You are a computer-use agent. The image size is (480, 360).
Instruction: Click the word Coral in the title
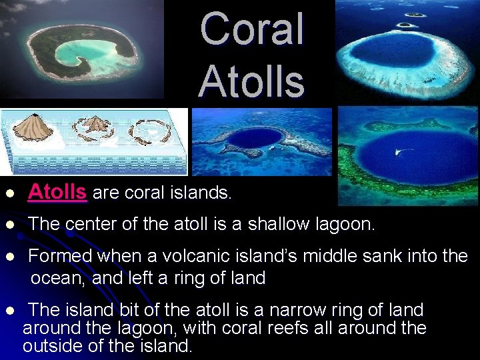(x=251, y=29)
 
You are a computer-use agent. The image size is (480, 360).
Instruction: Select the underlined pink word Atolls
(x=57, y=193)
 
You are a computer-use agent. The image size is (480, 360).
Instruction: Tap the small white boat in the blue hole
(x=403, y=152)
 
